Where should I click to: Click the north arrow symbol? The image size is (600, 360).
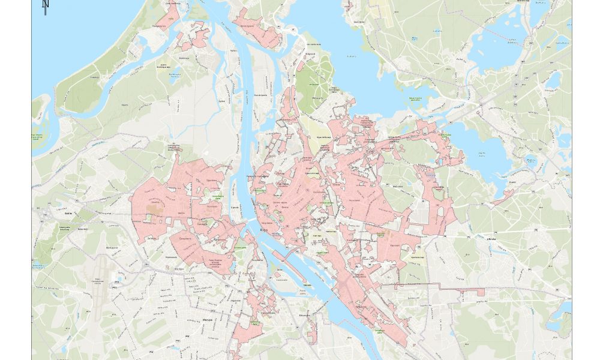tap(46, 5)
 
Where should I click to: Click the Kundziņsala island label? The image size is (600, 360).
tap(260, 95)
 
